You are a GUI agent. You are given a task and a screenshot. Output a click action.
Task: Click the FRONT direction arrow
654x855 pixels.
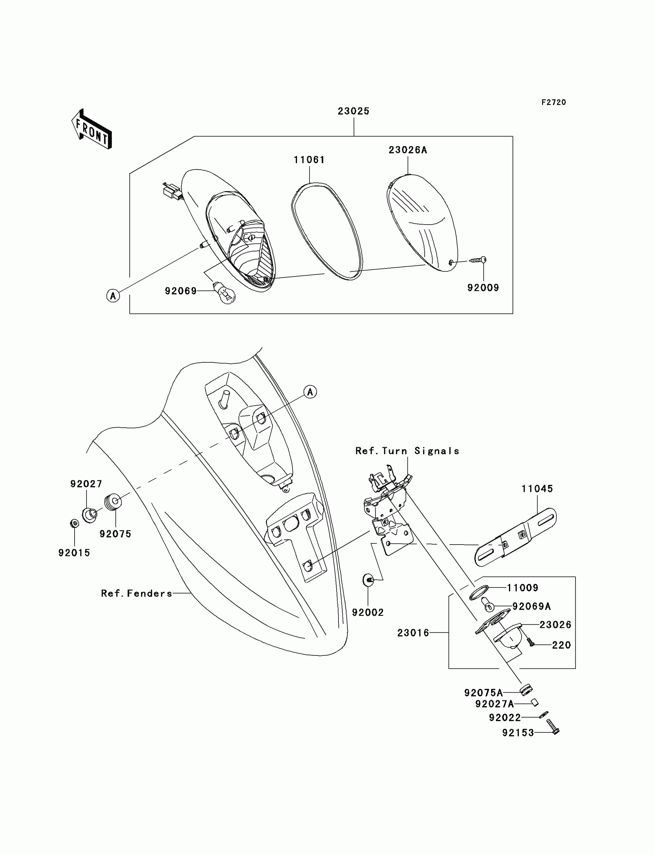[92, 129]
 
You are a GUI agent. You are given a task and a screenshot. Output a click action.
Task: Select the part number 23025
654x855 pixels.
[353, 111]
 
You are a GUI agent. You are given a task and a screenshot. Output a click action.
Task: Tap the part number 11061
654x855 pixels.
[309, 160]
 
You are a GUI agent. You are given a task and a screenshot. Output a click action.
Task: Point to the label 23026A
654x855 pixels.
[407, 150]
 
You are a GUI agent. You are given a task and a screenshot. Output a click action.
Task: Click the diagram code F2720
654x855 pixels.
[554, 102]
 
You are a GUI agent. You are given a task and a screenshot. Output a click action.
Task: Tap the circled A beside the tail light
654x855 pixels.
[113, 296]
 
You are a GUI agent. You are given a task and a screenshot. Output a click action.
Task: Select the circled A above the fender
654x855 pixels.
[310, 392]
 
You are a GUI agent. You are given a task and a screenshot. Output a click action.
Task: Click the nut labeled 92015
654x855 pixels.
[74, 523]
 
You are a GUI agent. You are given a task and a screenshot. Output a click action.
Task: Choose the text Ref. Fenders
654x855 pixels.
[136, 593]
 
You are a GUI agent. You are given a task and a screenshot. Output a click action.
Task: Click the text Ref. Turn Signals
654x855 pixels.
[407, 451]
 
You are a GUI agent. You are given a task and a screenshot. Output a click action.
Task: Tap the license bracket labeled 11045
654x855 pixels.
[516, 537]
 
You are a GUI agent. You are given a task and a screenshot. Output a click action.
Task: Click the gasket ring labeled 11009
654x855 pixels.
[479, 592]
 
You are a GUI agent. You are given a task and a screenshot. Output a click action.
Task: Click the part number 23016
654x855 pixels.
[413, 633]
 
